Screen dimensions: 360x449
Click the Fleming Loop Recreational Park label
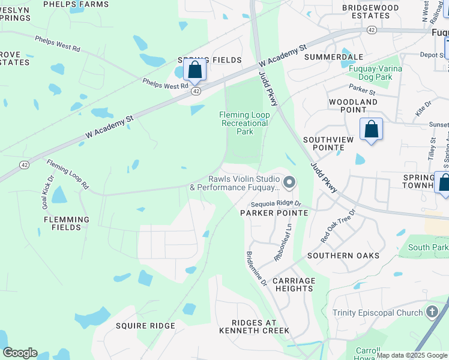244,123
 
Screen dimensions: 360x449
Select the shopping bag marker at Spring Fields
194,70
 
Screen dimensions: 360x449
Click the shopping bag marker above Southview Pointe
371,129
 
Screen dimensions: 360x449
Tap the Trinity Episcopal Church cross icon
432,312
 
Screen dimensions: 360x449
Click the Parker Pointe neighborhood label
274,213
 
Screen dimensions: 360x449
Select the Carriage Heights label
294,284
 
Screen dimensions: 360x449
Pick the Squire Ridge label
145,326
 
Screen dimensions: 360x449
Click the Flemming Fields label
67,224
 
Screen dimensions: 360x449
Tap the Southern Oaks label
343,256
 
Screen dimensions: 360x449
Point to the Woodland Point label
353,106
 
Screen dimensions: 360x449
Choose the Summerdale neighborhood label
334,57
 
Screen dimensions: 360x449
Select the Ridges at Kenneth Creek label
255,326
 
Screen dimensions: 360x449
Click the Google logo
20,353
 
